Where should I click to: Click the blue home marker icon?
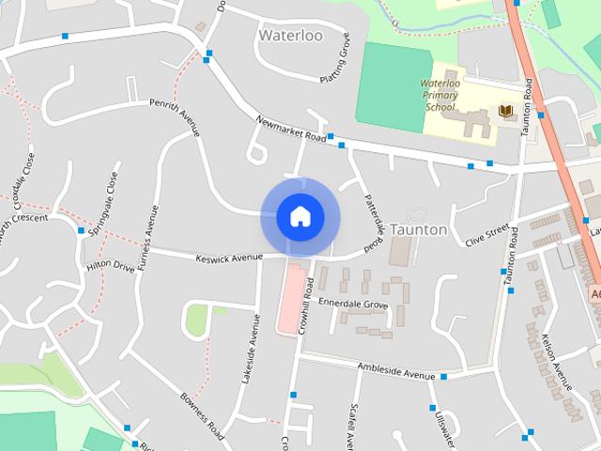(x=300, y=216)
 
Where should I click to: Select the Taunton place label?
(x=419, y=229)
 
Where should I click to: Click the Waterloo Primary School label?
(x=439, y=95)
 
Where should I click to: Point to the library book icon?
(x=506, y=112)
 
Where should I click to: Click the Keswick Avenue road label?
(x=229, y=257)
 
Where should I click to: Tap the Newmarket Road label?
(x=291, y=130)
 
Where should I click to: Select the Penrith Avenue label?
(x=176, y=116)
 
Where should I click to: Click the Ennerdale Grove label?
(x=353, y=304)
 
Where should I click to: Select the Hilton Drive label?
(x=111, y=267)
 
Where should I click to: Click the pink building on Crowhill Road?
(x=291, y=299)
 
